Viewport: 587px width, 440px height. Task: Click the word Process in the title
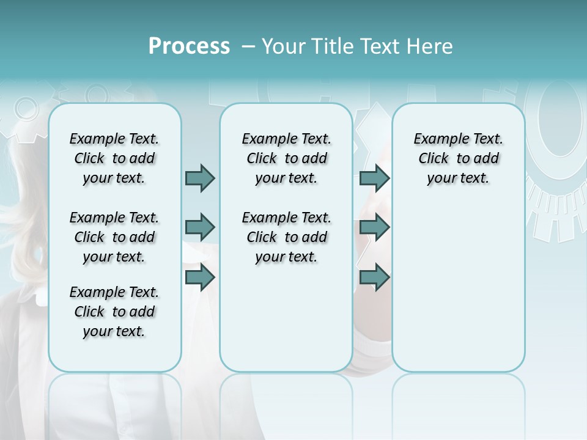(x=189, y=46)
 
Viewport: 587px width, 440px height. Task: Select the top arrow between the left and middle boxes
(x=200, y=178)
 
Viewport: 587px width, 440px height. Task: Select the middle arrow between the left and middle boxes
(x=200, y=227)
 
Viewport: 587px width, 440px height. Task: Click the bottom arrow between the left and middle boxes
(x=200, y=277)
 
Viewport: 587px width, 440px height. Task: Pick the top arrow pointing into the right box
(x=374, y=178)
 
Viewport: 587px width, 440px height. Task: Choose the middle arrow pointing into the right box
(x=374, y=227)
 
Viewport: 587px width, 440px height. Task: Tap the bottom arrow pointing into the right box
(x=374, y=277)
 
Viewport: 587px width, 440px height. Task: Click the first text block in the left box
(x=114, y=158)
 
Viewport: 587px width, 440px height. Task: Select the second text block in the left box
(x=114, y=237)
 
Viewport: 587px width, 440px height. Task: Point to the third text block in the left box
(x=114, y=312)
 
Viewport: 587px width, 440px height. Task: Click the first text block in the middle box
(x=286, y=158)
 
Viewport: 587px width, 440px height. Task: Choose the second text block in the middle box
(x=286, y=237)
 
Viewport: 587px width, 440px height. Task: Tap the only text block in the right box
(x=458, y=158)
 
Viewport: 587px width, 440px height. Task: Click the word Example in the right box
(x=436, y=139)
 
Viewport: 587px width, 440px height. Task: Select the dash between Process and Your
(x=248, y=46)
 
